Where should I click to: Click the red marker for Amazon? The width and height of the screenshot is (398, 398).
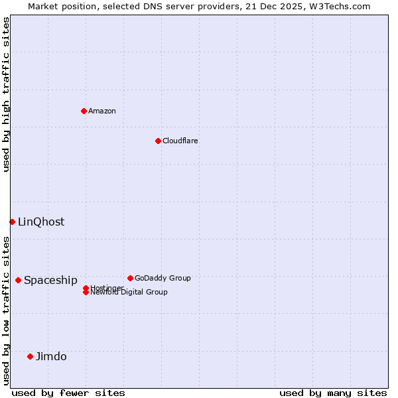[84, 111]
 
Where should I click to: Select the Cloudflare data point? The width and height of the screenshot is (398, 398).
[158, 141]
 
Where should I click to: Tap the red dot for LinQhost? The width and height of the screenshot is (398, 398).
[12, 222]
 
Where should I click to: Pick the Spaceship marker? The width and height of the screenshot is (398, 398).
[18, 280]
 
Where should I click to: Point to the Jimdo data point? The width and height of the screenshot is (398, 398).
[30, 356]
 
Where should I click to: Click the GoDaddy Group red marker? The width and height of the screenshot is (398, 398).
[130, 278]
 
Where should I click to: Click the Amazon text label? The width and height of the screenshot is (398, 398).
[102, 111]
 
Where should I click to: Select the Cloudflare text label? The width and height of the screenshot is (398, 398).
[180, 141]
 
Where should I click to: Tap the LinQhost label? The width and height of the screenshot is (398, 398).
[41, 222]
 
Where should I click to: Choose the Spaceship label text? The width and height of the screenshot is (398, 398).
[50, 280]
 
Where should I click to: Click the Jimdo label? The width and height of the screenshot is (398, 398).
[51, 356]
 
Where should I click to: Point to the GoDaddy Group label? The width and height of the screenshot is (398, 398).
[163, 278]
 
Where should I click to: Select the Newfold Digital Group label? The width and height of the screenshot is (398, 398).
[129, 293]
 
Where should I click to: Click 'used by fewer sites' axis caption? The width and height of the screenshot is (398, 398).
[68, 393]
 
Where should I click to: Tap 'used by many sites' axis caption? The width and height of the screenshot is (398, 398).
[333, 393]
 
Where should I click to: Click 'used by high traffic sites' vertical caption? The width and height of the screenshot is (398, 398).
[7, 94]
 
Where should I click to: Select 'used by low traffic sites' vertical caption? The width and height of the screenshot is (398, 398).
[7, 310]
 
